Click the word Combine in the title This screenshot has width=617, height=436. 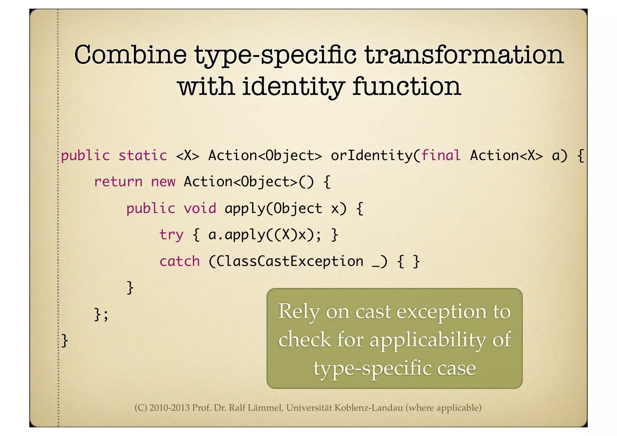[130, 55]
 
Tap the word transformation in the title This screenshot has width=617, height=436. [464, 55]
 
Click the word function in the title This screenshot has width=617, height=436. [407, 86]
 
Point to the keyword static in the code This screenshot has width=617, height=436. [143, 156]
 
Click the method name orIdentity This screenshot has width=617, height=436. [371, 156]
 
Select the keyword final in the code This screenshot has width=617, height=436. [441, 156]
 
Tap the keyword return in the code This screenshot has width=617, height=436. [118, 182]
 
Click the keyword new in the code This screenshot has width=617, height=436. [163, 182]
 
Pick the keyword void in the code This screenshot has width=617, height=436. [200, 209]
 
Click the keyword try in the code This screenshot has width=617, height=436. [171, 235]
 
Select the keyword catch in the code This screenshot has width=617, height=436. [180, 261]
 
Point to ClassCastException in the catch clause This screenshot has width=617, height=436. [290, 261]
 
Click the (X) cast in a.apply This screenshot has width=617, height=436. [286, 235]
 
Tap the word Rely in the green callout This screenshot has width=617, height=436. [298, 312]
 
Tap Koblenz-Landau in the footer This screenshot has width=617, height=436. [368, 408]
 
